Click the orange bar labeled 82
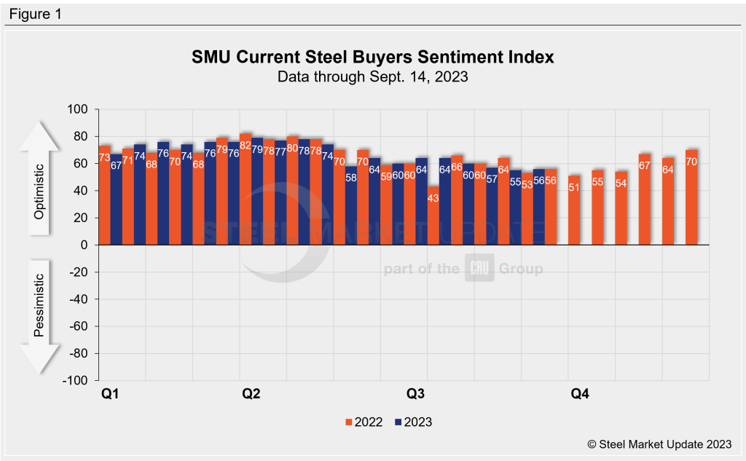pos(246,189)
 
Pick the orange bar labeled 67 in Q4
pos(645,200)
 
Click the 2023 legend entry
pos(414,422)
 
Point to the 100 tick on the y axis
pos(77,109)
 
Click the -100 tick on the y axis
pos(75,380)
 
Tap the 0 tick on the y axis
pos(84,245)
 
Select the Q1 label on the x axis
pos(109,394)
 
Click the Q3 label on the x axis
pos(415,394)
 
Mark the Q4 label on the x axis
pos(580,394)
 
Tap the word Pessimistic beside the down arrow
pos(41,305)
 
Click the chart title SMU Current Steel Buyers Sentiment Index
pos(372,57)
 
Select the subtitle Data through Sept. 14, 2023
pos(372,76)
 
